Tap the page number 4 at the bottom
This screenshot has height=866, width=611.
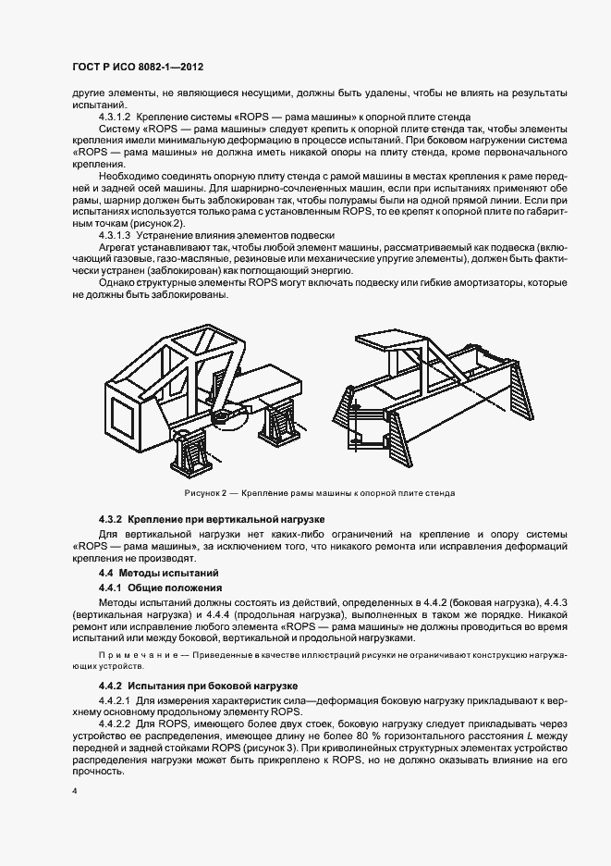pyautogui.click(x=75, y=791)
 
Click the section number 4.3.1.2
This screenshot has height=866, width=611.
pyautogui.click(x=116, y=118)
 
